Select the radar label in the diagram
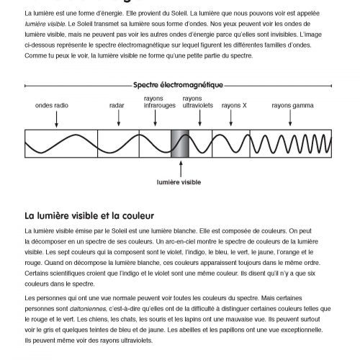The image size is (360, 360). tap(117, 105)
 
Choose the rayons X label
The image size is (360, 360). tap(234, 105)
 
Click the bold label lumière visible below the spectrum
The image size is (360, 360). tap(179, 183)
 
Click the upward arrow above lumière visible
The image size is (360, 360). tap(179, 170)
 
